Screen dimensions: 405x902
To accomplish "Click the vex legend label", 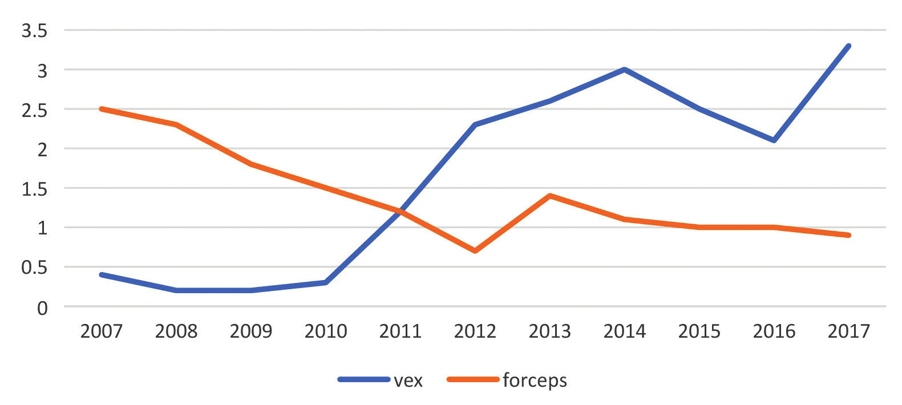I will pos(408,380).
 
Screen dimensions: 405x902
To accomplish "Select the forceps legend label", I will pos(535,380).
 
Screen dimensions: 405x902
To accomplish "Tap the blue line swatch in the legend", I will pos(364,379).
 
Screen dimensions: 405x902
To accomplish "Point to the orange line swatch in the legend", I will pos(473,379).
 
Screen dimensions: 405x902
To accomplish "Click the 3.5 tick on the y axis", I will pos(34,31).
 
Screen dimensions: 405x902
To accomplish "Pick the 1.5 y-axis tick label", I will pos(34,189).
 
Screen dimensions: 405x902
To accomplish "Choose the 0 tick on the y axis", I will pos(42,309).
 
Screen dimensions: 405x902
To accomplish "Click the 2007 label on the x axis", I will pos(102,331).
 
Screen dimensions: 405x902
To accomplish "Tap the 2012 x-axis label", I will pos(475,331).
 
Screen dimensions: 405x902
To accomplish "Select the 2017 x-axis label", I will pos(848,331).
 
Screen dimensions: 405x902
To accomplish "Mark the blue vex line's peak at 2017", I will pos(848,46).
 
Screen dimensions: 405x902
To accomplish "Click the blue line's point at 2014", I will pos(625,70).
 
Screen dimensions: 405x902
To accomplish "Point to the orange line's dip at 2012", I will pos(475,251).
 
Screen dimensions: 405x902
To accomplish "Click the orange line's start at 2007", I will pos(102,109).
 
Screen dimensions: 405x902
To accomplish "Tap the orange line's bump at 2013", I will pos(549,196).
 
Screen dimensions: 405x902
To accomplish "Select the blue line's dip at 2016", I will pos(774,140).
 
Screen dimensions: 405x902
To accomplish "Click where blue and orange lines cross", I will pos(403,211).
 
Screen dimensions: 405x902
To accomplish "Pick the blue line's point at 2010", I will pos(326,282).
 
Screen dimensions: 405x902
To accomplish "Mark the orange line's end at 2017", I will pos(848,235).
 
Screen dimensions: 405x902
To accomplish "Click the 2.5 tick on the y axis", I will pos(34,110).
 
